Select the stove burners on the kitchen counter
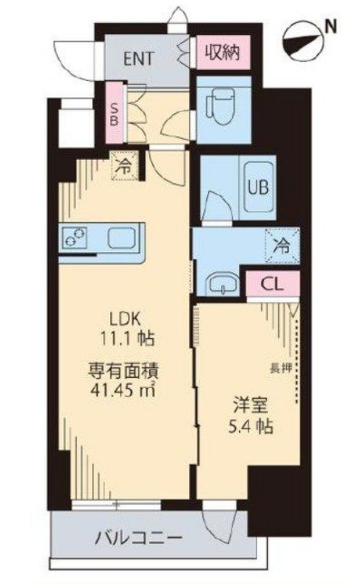[74, 237]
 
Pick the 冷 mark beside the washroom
[281, 243]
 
